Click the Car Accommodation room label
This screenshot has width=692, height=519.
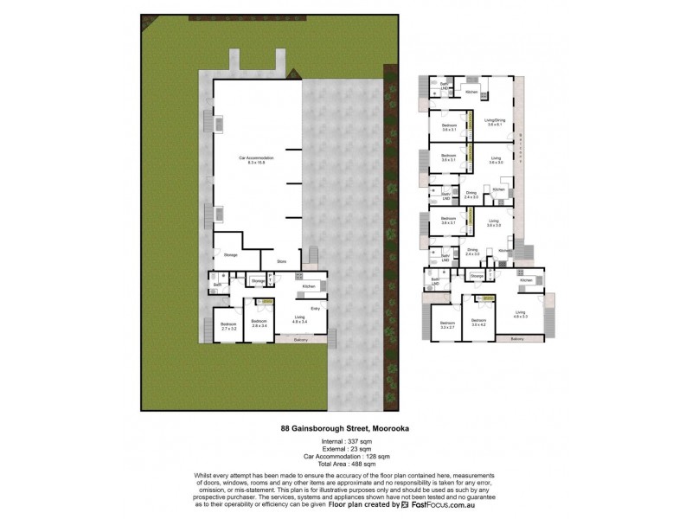[x=256, y=158]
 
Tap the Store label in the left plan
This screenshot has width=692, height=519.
[x=281, y=260]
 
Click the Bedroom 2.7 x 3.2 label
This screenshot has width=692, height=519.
[x=229, y=326]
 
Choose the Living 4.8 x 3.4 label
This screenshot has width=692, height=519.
[x=298, y=319]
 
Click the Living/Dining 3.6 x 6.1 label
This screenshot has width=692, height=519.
[x=495, y=123]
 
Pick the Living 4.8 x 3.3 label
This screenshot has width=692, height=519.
[x=521, y=314]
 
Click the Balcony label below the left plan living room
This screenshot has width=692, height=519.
[x=300, y=339]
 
